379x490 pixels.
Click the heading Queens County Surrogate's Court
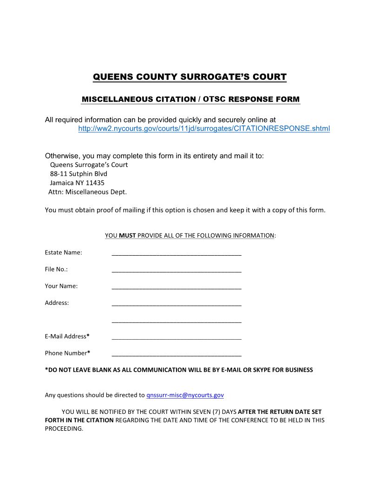[189, 77]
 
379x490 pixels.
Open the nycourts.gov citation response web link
[204, 129]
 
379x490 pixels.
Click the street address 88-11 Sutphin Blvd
[78, 174]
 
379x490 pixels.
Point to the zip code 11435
[95, 183]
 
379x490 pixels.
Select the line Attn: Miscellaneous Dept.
[88, 192]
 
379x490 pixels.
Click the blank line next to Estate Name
[176, 253]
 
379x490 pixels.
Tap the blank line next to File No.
[176, 270]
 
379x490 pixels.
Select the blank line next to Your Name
[176, 286]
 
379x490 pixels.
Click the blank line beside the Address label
[176, 303]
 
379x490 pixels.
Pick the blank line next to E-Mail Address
[176, 336]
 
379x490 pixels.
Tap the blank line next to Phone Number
[176, 353]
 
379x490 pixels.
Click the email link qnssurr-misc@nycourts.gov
[185, 395]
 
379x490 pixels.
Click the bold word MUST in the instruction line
[127, 236]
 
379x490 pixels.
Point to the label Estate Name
[63, 252]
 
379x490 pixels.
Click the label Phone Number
[66, 353]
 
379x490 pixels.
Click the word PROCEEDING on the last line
[64, 429]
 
